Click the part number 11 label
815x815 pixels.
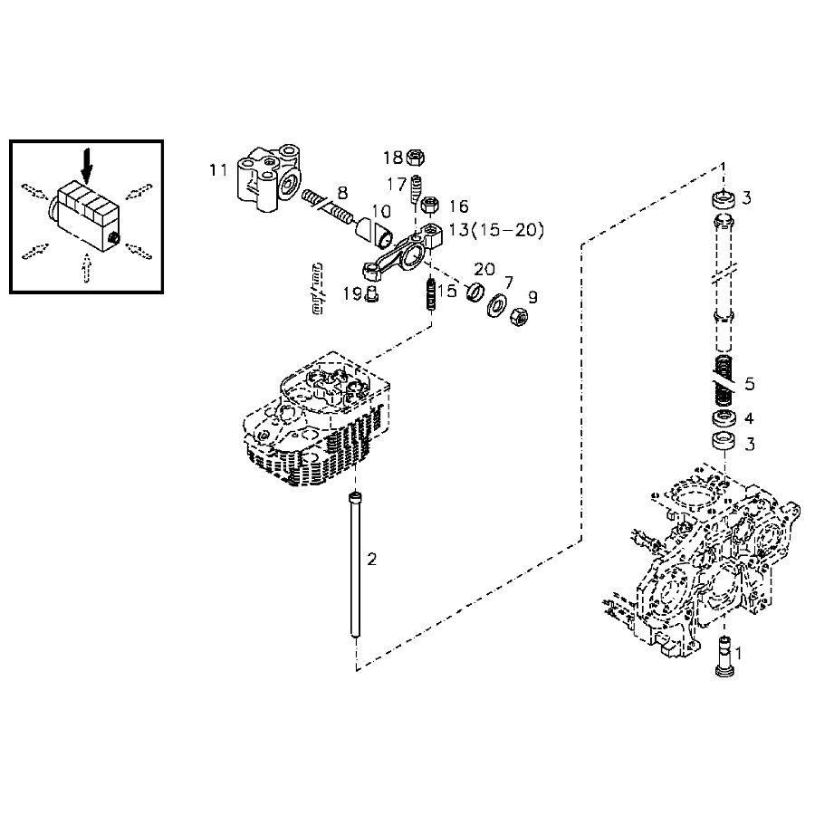217,169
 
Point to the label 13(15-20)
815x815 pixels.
495,231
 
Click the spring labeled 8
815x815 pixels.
330,206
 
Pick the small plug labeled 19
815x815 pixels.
370,294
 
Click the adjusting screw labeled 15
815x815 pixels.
430,294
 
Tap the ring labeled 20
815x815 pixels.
474,294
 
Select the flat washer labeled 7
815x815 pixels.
496,305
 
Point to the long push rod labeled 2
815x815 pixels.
353,566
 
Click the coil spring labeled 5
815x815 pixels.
723,380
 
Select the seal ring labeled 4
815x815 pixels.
723,420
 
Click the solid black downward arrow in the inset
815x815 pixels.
87,164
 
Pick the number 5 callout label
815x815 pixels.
749,383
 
